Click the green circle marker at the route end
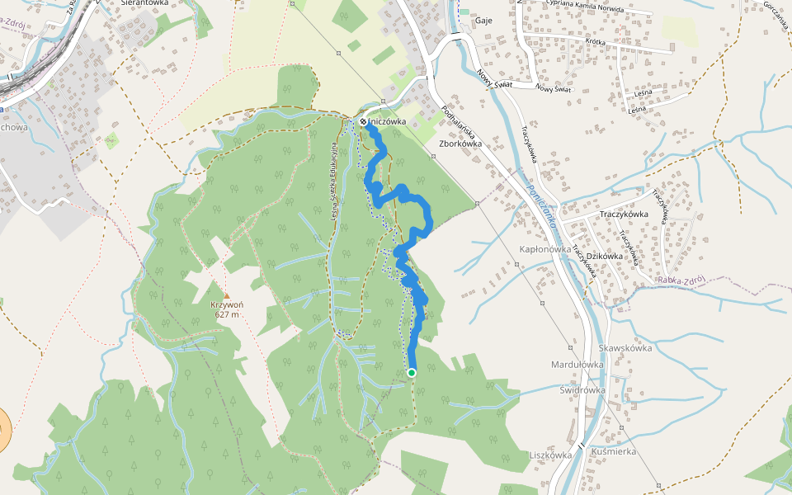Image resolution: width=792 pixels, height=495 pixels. click(412, 373)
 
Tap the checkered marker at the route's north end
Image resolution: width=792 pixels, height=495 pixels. click(363, 122)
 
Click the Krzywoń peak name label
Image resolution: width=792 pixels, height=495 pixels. click(226, 304)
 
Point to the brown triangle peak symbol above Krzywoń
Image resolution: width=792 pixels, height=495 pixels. click(226, 294)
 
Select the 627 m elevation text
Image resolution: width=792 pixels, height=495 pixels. click(226, 314)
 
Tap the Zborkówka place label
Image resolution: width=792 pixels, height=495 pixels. click(460, 142)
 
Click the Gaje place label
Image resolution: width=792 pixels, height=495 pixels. click(483, 21)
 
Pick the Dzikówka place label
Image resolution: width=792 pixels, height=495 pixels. click(606, 256)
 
